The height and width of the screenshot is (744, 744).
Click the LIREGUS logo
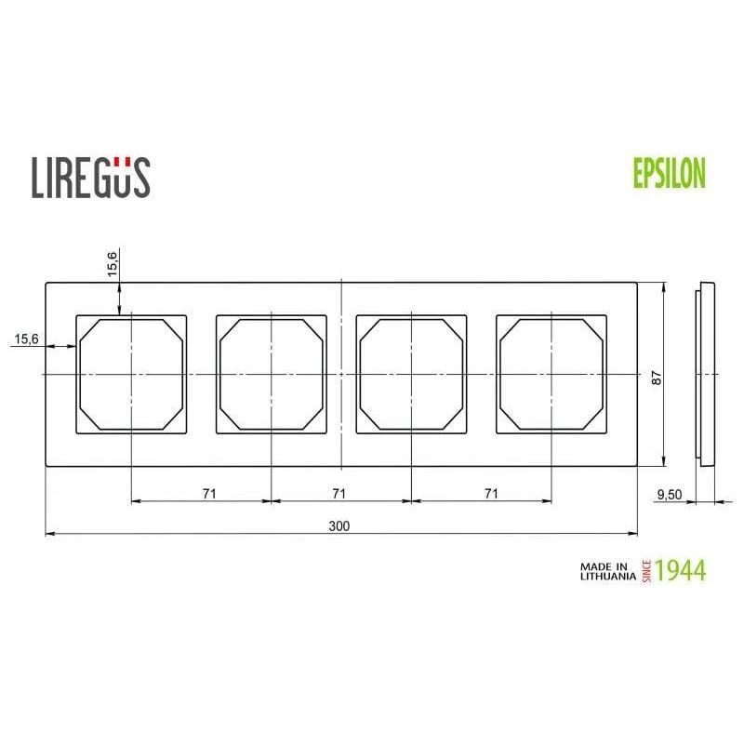coord(91,178)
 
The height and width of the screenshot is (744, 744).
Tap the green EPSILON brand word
coord(670,173)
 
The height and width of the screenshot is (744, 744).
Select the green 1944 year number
coord(681,570)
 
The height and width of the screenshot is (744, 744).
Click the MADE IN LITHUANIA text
coord(608,571)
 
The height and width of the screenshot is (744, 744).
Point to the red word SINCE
coord(646,571)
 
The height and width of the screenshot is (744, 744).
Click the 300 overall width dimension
coord(339,525)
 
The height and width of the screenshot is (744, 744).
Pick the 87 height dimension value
coord(657,378)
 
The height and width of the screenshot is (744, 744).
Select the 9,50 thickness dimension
coord(669,495)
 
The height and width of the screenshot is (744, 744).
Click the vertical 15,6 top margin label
coord(112,264)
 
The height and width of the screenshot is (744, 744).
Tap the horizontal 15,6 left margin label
coord(27,339)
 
